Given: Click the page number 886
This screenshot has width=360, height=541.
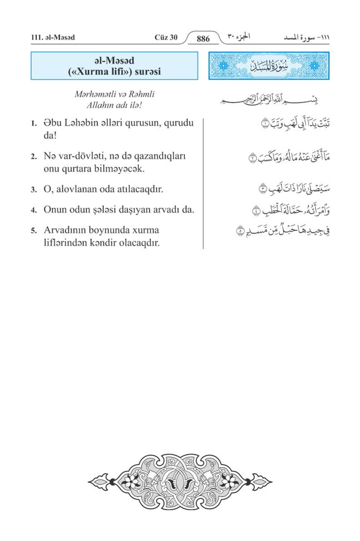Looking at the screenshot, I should click(x=203, y=39).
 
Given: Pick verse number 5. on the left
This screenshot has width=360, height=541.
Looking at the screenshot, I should click(x=33, y=231).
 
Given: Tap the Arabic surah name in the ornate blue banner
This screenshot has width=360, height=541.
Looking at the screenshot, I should click(x=269, y=67).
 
